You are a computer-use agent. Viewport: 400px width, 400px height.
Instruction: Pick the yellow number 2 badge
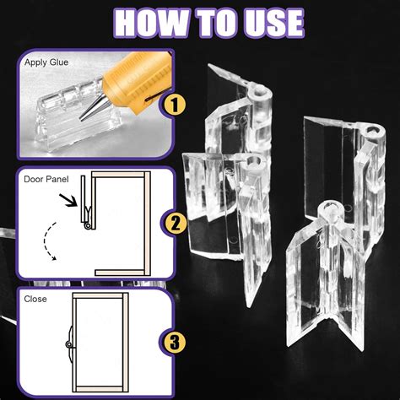173,224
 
